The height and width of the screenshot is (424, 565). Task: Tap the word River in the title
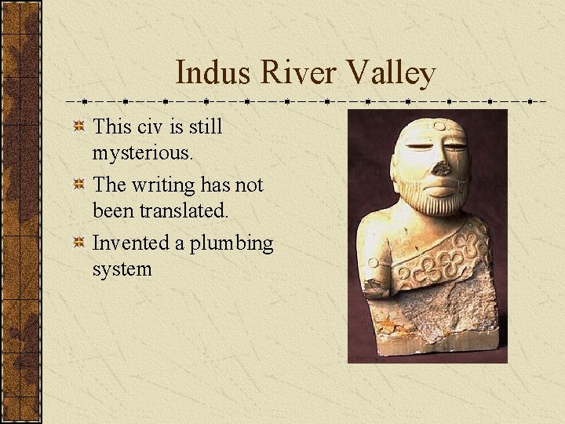286,73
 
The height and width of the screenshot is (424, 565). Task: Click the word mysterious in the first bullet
142,152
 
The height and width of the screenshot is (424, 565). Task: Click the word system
122,269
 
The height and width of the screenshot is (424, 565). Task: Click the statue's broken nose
441,167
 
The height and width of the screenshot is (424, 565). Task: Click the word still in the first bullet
207,126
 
